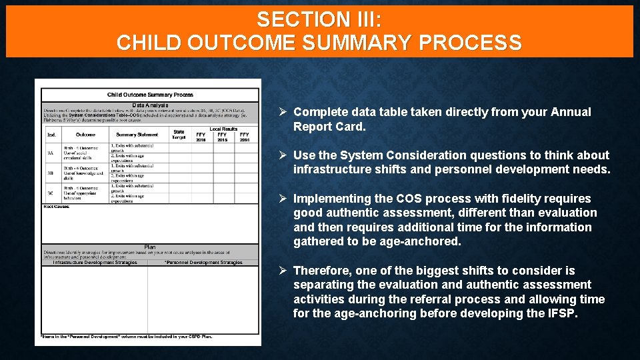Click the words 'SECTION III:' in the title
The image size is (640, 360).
[x=319, y=19]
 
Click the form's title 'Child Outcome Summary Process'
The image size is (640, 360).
[x=150, y=95]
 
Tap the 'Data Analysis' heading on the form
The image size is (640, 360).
[x=150, y=105]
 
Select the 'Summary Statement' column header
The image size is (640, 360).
[x=137, y=135]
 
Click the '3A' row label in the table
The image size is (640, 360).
[x=50, y=152]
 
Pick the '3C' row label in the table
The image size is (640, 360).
[x=50, y=193]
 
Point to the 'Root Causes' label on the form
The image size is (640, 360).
[x=57, y=207]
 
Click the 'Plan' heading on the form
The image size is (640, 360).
[x=150, y=247]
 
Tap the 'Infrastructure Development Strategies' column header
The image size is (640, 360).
[x=95, y=263]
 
